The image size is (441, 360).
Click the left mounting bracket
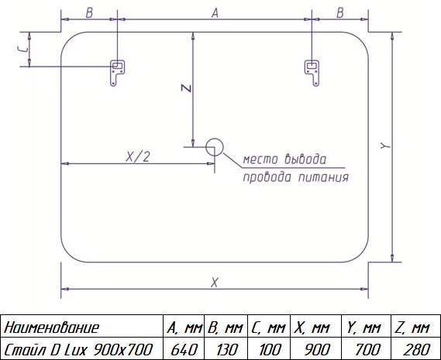[x=117, y=73]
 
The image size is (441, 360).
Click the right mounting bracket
[x=312, y=73]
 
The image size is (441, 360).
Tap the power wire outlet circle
[x=215, y=147]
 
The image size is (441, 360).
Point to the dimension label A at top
[x=215, y=13]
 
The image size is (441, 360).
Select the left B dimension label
[x=89, y=13]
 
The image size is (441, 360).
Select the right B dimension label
[x=339, y=13]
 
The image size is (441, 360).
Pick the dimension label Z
[x=186, y=88]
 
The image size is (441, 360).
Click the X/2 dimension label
[x=137, y=156]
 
